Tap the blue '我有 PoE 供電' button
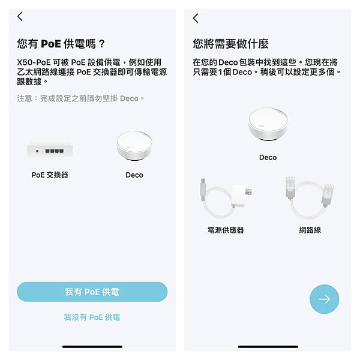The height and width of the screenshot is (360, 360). (92, 292)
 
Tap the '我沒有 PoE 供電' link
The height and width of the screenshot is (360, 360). (92, 317)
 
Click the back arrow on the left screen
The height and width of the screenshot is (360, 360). (20, 17)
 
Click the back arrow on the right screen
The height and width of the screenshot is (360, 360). (196, 18)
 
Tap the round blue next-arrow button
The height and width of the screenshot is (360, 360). (324, 299)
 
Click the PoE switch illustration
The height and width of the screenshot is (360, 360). (50, 151)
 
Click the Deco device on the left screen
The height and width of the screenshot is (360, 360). (134, 146)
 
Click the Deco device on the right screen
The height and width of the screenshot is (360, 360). (268, 124)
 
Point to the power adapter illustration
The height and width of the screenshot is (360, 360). (226, 198)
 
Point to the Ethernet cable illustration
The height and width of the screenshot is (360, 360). (310, 197)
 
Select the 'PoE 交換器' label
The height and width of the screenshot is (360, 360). (50, 175)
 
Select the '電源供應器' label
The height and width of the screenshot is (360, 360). (226, 230)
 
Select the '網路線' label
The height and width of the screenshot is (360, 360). (310, 230)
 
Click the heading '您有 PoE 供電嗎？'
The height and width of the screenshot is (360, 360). (61, 44)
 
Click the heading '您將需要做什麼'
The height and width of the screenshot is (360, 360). (230, 44)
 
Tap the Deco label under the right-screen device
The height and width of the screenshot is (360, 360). (268, 157)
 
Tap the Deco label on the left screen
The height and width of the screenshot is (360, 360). (134, 175)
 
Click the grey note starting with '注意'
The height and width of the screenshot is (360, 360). (80, 98)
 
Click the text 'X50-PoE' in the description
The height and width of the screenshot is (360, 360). (34, 62)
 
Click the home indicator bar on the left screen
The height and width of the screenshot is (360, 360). (92, 347)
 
